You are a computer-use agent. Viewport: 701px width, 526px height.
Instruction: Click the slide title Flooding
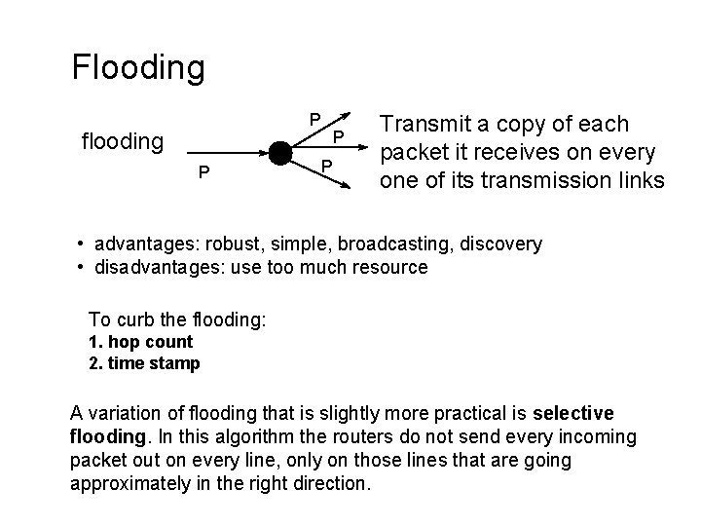138,67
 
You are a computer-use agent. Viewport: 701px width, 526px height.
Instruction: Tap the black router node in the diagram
279,154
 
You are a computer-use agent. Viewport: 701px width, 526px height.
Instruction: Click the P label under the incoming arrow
203,172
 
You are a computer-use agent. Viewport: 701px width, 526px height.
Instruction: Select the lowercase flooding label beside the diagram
122,142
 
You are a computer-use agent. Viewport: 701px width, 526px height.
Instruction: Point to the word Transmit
423,125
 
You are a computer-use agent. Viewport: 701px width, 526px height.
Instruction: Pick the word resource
391,266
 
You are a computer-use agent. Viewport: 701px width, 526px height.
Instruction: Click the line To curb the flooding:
177,319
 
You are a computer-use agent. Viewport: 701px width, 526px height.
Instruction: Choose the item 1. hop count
140,342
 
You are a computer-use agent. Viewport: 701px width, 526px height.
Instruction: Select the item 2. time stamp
144,363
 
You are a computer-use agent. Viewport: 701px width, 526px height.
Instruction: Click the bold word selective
573,413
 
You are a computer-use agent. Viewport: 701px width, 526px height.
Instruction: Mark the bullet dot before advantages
82,244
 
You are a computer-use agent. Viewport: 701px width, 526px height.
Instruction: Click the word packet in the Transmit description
408,152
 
